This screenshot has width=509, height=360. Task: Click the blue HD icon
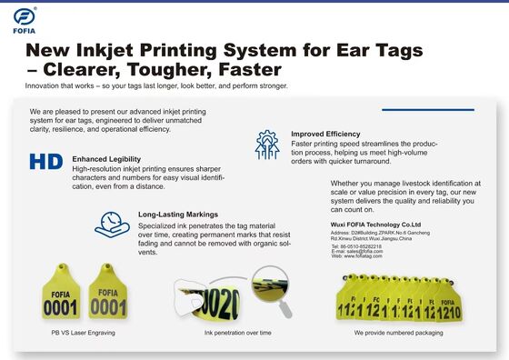point(45,162)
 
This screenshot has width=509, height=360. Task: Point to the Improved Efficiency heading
point(325,134)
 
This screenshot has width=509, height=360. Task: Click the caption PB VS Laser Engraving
point(83,333)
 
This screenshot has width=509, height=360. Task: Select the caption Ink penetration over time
point(238,333)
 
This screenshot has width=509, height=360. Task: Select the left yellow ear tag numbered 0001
point(61,301)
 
